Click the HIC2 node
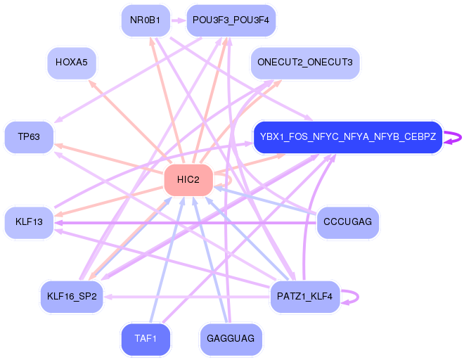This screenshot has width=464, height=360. [x=188, y=180]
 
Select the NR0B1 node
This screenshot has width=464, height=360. [x=146, y=20]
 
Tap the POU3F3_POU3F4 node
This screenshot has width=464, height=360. [x=231, y=20]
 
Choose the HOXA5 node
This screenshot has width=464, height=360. [x=71, y=63]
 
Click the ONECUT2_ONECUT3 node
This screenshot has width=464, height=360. [x=304, y=63]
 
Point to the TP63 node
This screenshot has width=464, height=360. [x=29, y=136]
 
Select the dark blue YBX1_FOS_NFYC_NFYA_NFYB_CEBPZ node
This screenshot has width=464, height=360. [x=347, y=136]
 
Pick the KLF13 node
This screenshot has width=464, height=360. [x=29, y=222]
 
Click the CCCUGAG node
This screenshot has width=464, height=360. [x=348, y=222]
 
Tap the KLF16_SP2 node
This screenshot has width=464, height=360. [x=72, y=296]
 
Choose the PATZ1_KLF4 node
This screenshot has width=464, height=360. [x=304, y=296]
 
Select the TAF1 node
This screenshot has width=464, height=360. [x=146, y=340]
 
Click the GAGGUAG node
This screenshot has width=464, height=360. [x=231, y=340]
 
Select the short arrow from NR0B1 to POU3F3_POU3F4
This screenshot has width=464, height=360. [x=178, y=20]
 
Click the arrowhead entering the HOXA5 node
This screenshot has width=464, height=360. [x=89, y=82]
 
